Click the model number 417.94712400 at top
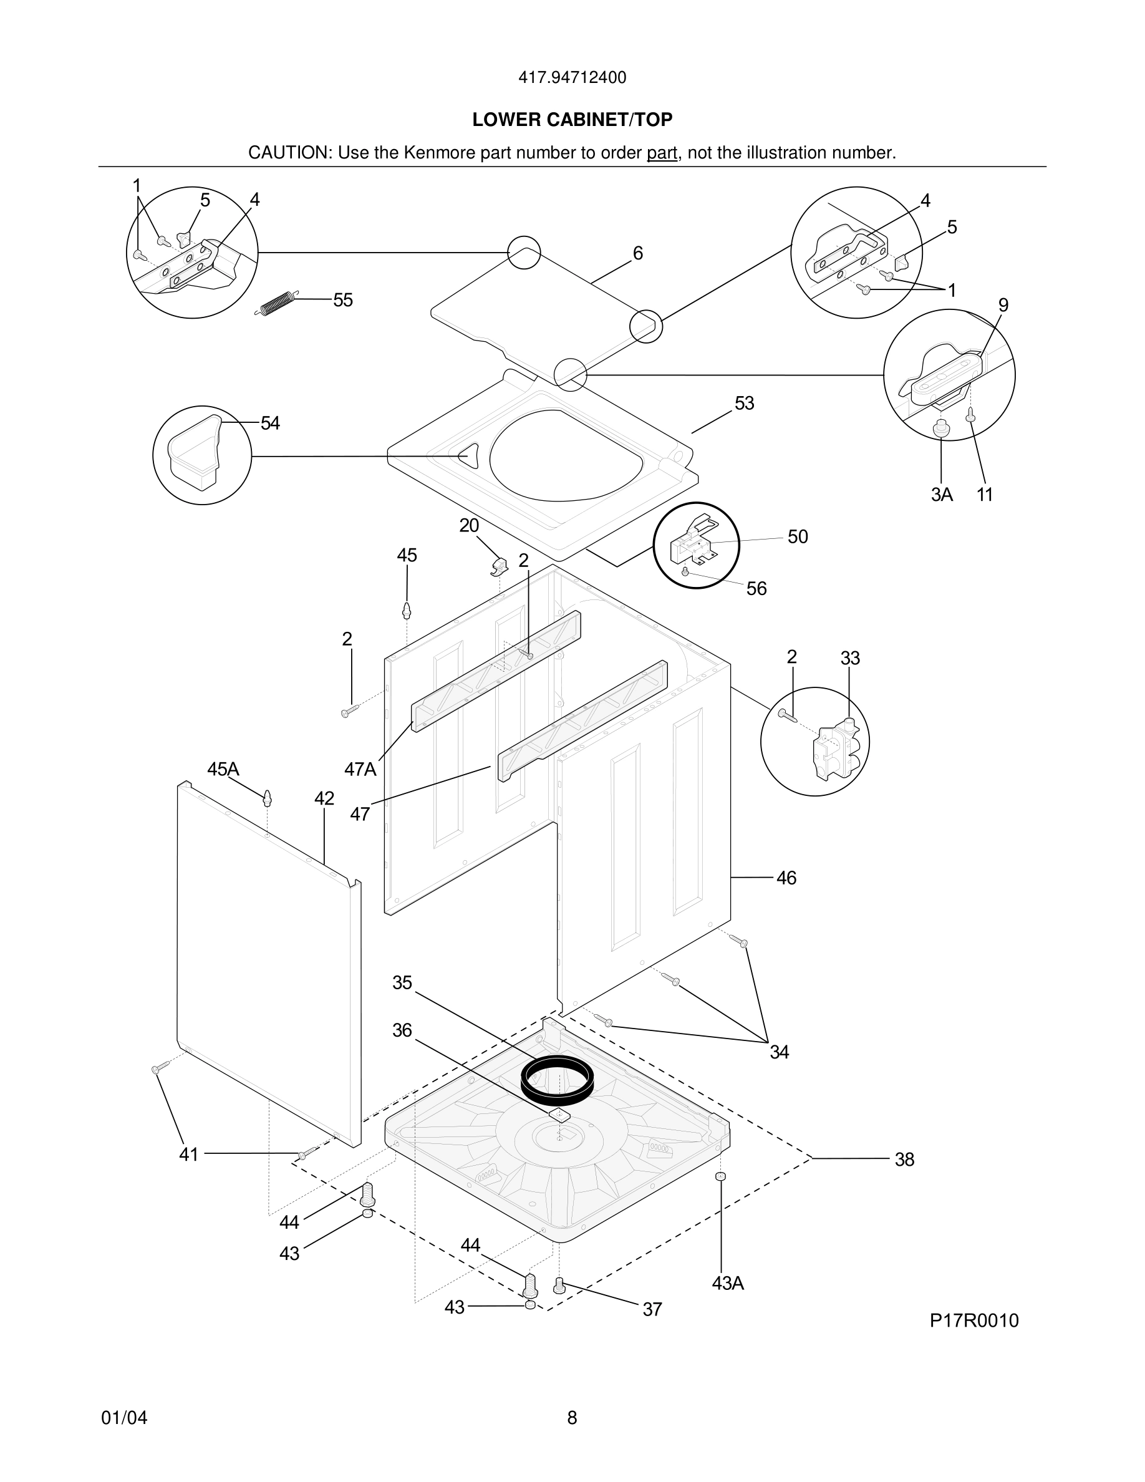tap(572, 78)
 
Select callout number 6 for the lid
tap(637, 253)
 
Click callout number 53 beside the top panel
tap(744, 403)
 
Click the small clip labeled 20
tap(500, 565)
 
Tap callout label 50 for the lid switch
tap(798, 537)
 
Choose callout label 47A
tap(359, 769)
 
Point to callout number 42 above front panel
tap(324, 798)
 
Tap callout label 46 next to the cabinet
tap(786, 878)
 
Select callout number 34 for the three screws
tap(780, 1052)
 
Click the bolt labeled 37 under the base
tap(559, 1284)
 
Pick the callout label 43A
tap(728, 1283)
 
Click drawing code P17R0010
tap(973, 1320)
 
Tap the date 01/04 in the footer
tap(124, 1418)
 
